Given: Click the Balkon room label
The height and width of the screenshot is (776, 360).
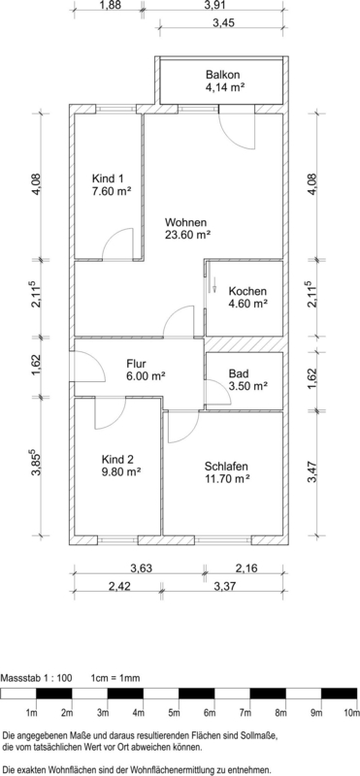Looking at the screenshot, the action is pos(223,76).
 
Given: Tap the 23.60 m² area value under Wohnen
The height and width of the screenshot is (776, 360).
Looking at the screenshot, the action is pos(187,235).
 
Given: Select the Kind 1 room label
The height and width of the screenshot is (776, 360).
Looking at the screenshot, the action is pos(107,178).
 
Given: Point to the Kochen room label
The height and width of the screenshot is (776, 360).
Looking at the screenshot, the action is pos(247,291).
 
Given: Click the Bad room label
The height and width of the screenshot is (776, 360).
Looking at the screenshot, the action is pos(238,373).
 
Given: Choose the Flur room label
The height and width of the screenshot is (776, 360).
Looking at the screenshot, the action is pos(136,365).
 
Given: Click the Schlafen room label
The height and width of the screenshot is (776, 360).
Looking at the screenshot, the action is pos(226,466).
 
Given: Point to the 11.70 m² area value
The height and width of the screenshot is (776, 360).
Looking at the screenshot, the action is pos(226,478).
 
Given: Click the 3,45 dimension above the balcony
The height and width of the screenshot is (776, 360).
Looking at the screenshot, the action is pos(223,22).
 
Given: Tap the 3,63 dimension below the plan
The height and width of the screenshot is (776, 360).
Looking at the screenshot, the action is pos(140,567).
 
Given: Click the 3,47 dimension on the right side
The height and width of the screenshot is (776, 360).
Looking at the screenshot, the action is pos(311,473).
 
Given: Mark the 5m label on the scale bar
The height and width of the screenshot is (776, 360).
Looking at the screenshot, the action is pos(174,713).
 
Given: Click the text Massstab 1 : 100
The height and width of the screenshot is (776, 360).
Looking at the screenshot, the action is pos(37,678).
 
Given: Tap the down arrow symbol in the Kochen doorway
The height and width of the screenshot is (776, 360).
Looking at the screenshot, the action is pos(214,285).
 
